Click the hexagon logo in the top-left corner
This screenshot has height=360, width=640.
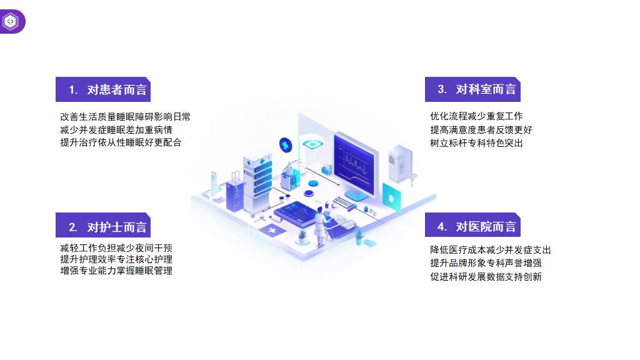(x=11, y=21)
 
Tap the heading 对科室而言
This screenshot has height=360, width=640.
(x=477, y=89)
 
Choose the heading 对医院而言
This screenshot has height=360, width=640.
(x=477, y=226)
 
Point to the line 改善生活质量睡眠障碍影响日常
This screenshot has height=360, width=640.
(x=125, y=116)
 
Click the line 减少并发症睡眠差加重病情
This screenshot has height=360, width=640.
(x=116, y=129)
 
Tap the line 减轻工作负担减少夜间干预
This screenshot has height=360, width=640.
(x=116, y=248)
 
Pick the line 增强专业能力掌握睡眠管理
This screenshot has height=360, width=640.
(x=116, y=271)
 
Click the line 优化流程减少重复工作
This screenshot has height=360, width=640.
(x=476, y=116)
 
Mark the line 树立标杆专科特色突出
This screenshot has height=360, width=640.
(x=476, y=142)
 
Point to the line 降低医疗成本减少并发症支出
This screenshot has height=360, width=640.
(x=491, y=250)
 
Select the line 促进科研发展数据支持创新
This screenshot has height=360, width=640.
(x=486, y=276)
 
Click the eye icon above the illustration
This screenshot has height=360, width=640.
(x=311, y=144)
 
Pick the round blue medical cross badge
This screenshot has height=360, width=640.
(x=286, y=144)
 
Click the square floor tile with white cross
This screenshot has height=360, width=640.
(x=272, y=231)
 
